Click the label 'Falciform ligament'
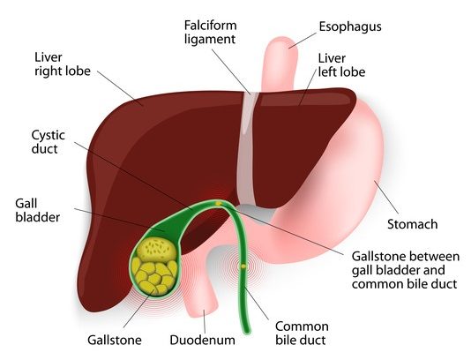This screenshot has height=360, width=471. [x=210, y=32]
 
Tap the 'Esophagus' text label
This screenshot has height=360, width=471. [x=350, y=27]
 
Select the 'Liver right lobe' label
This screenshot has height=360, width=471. [x=63, y=64]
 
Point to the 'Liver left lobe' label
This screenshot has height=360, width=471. [x=341, y=65]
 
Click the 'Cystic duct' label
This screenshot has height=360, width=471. [x=48, y=142]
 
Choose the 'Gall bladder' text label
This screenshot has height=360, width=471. [x=38, y=210]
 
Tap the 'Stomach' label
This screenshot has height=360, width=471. [x=412, y=224]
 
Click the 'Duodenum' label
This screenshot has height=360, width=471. [x=203, y=341]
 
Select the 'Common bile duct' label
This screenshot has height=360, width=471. [x=302, y=334]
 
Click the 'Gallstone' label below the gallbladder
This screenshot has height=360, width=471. [x=115, y=341]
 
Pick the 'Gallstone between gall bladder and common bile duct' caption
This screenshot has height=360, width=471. [x=406, y=270]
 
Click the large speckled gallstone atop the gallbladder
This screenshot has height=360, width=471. [x=157, y=249]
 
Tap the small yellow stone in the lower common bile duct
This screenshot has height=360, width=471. [x=243, y=266]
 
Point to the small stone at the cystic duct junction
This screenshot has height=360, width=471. [x=219, y=204]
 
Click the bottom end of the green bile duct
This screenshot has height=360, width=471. [x=247, y=332]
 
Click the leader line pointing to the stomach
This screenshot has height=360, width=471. [x=386, y=197]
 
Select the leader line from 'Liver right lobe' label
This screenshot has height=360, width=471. [x=120, y=88]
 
